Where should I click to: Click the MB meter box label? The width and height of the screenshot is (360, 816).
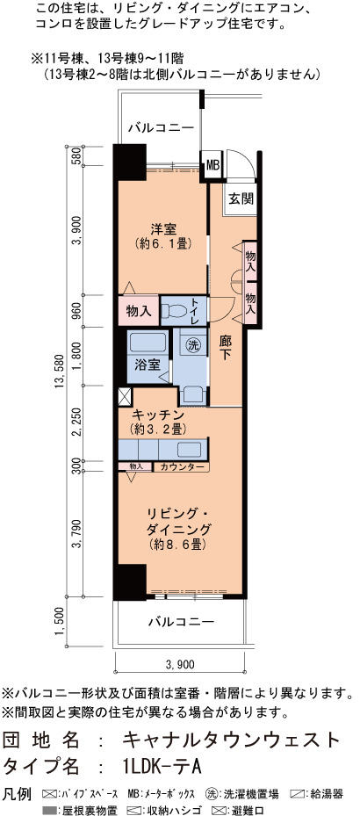coord(212,165)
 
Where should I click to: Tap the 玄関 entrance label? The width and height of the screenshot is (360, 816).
coord(241,199)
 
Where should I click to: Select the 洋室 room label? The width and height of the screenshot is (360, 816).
coord(163,229)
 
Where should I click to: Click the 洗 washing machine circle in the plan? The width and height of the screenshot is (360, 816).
coord(193,344)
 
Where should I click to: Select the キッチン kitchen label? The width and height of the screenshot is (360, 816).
coord(158,415)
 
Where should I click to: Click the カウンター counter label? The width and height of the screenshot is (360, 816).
coord(182,466)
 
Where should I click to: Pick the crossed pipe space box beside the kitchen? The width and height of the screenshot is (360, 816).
coord(125,396)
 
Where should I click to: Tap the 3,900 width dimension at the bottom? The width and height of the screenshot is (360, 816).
coord(179,664)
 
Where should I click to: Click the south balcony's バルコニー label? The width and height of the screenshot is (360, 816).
coord(181,621)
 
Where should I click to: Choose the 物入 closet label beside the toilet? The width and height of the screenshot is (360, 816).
coord(139,311)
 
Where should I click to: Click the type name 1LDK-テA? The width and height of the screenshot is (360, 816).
coord(159,766)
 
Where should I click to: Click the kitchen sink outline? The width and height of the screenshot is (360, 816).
coord(192,450)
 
